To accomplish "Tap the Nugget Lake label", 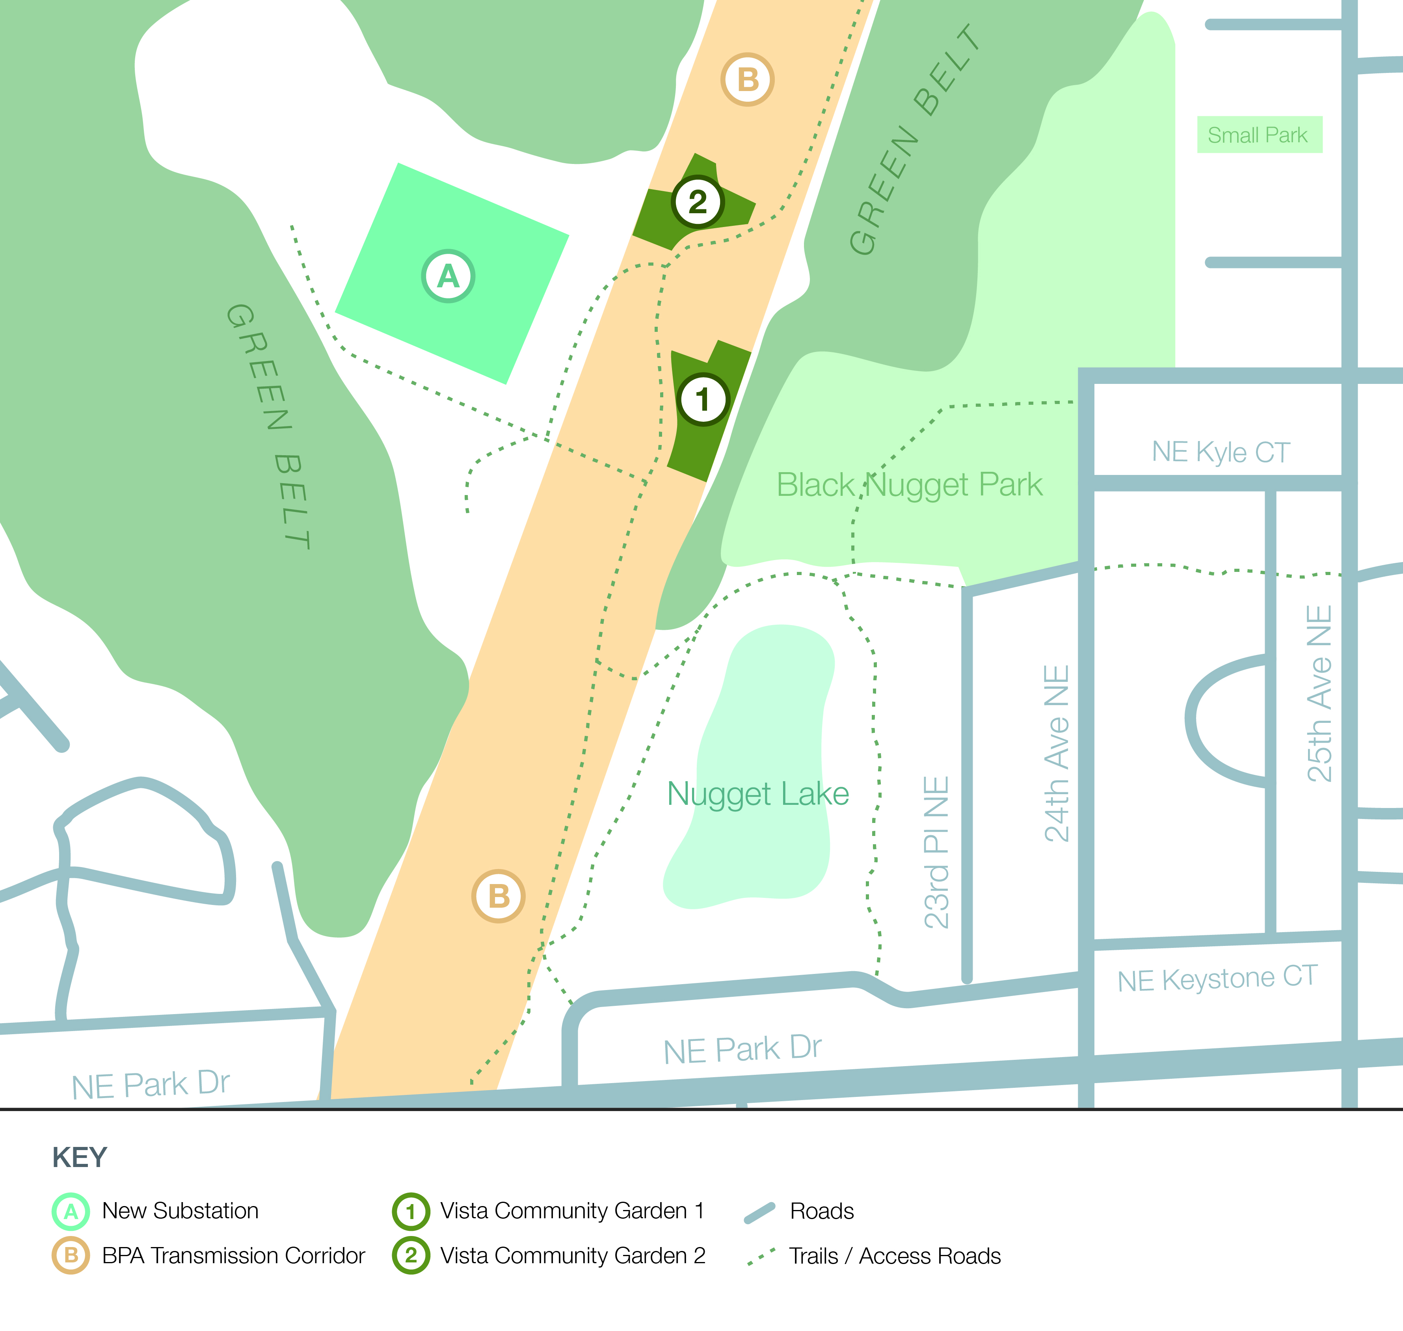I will tap(757, 794).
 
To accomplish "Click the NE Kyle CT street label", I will tap(1221, 452).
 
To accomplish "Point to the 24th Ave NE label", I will tap(1057, 754).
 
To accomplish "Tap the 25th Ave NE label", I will tap(1319, 694).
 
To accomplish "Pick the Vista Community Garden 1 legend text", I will tap(572, 1210).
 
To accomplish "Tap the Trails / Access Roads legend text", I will tap(895, 1256).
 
